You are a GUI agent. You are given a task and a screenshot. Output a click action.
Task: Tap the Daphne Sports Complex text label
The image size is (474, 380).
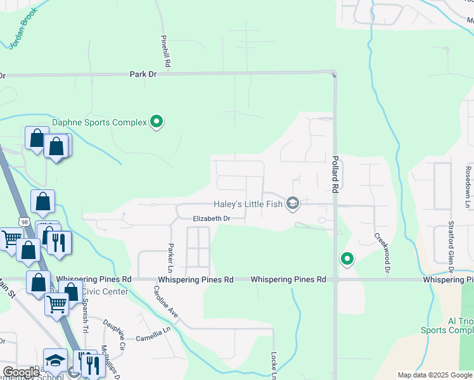99,122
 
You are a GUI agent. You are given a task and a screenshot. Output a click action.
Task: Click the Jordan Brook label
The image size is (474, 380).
22,28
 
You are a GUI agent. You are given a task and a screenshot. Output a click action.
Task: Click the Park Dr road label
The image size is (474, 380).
143,74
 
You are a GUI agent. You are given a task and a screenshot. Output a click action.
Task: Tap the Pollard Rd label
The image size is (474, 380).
335,174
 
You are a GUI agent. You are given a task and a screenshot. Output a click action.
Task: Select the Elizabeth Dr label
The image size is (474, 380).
211,218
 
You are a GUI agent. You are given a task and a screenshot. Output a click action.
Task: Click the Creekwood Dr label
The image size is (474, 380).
381,252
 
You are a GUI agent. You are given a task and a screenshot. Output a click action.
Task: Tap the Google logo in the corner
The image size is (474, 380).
20,372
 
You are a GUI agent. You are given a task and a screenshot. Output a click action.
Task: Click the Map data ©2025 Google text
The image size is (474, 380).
434,375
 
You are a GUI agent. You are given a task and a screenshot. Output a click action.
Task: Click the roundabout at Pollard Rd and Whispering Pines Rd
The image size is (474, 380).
335,279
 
